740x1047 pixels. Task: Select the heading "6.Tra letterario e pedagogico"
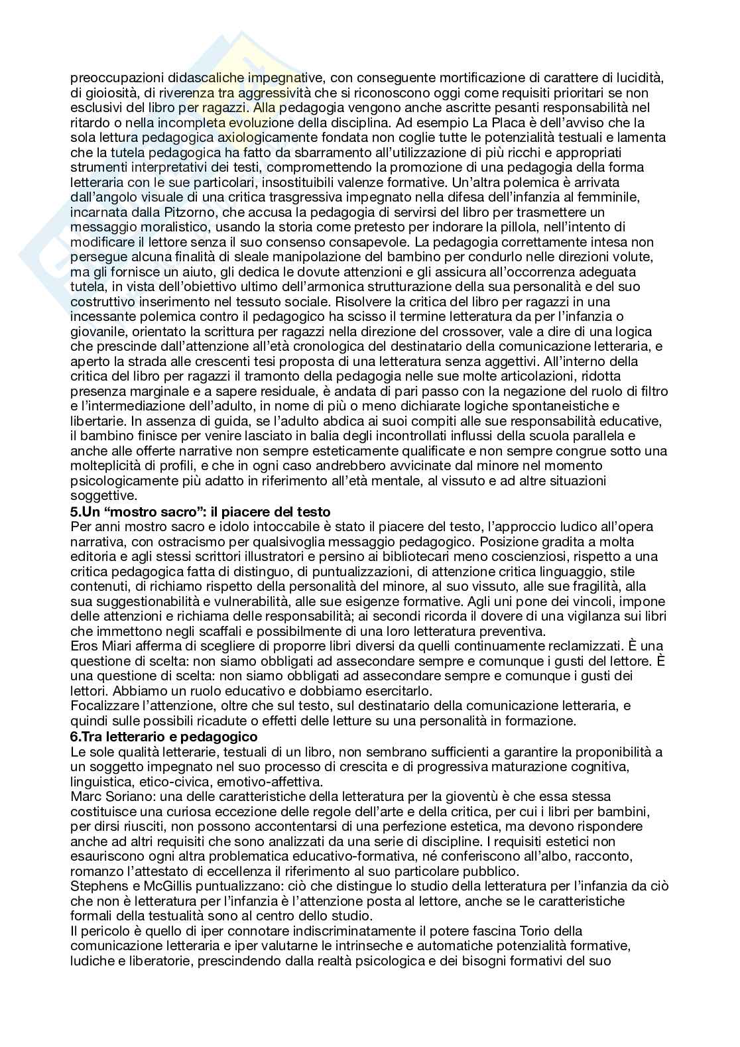click(x=163, y=737)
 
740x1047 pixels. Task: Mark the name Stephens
click(x=94, y=886)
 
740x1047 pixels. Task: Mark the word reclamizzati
click(x=585, y=647)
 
